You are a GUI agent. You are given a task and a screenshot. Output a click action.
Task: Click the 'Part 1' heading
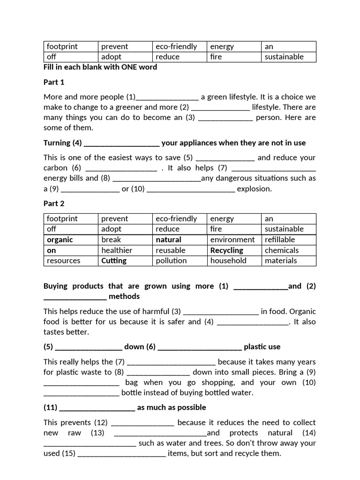tap(54, 82)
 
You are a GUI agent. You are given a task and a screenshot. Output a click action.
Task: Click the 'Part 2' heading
tap(54, 203)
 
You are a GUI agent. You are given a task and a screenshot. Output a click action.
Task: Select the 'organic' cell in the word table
tap(60, 240)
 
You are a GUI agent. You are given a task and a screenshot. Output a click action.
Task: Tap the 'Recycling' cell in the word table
tap(227, 250)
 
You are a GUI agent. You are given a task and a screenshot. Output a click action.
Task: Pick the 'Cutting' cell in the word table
tap(114, 261)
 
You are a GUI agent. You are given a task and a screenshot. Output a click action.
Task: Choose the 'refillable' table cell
tap(280, 240)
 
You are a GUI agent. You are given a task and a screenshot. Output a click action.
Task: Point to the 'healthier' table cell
tap(117, 250)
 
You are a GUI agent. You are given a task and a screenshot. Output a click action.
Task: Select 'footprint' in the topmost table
tap(62, 46)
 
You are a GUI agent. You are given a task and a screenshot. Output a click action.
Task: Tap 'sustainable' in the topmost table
tap(284, 57)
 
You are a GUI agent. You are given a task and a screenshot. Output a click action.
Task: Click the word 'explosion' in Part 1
tap(254, 188)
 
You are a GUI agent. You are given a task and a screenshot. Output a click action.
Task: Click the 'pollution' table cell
tap(171, 261)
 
